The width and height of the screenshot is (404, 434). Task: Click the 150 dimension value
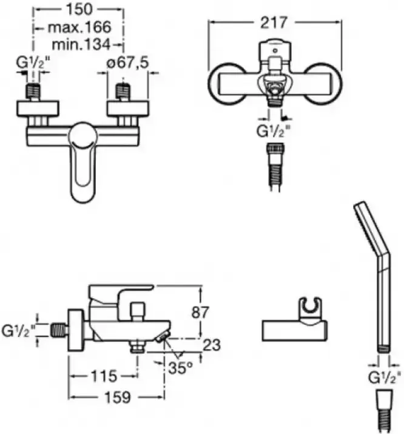pyautogui.click(x=79, y=10)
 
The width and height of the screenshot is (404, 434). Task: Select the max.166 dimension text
pyautogui.click(x=79, y=27)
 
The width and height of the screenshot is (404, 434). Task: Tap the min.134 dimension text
pyautogui.click(x=81, y=44)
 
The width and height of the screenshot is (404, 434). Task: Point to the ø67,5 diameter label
pyautogui.click(x=128, y=63)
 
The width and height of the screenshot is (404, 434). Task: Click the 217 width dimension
pyautogui.click(x=274, y=22)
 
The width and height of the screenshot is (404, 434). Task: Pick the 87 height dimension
pyautogui.click(x=200, y=313)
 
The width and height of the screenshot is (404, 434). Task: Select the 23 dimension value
pyautogui.click(x=212, y=345)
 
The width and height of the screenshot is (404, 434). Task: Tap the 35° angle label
pyautogui.click(x=180, y=368)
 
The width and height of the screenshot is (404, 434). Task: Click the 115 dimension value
pyautogui.click(x=104, y=376)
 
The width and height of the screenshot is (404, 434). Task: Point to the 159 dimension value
pyautogui.click(x=117, y=398)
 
